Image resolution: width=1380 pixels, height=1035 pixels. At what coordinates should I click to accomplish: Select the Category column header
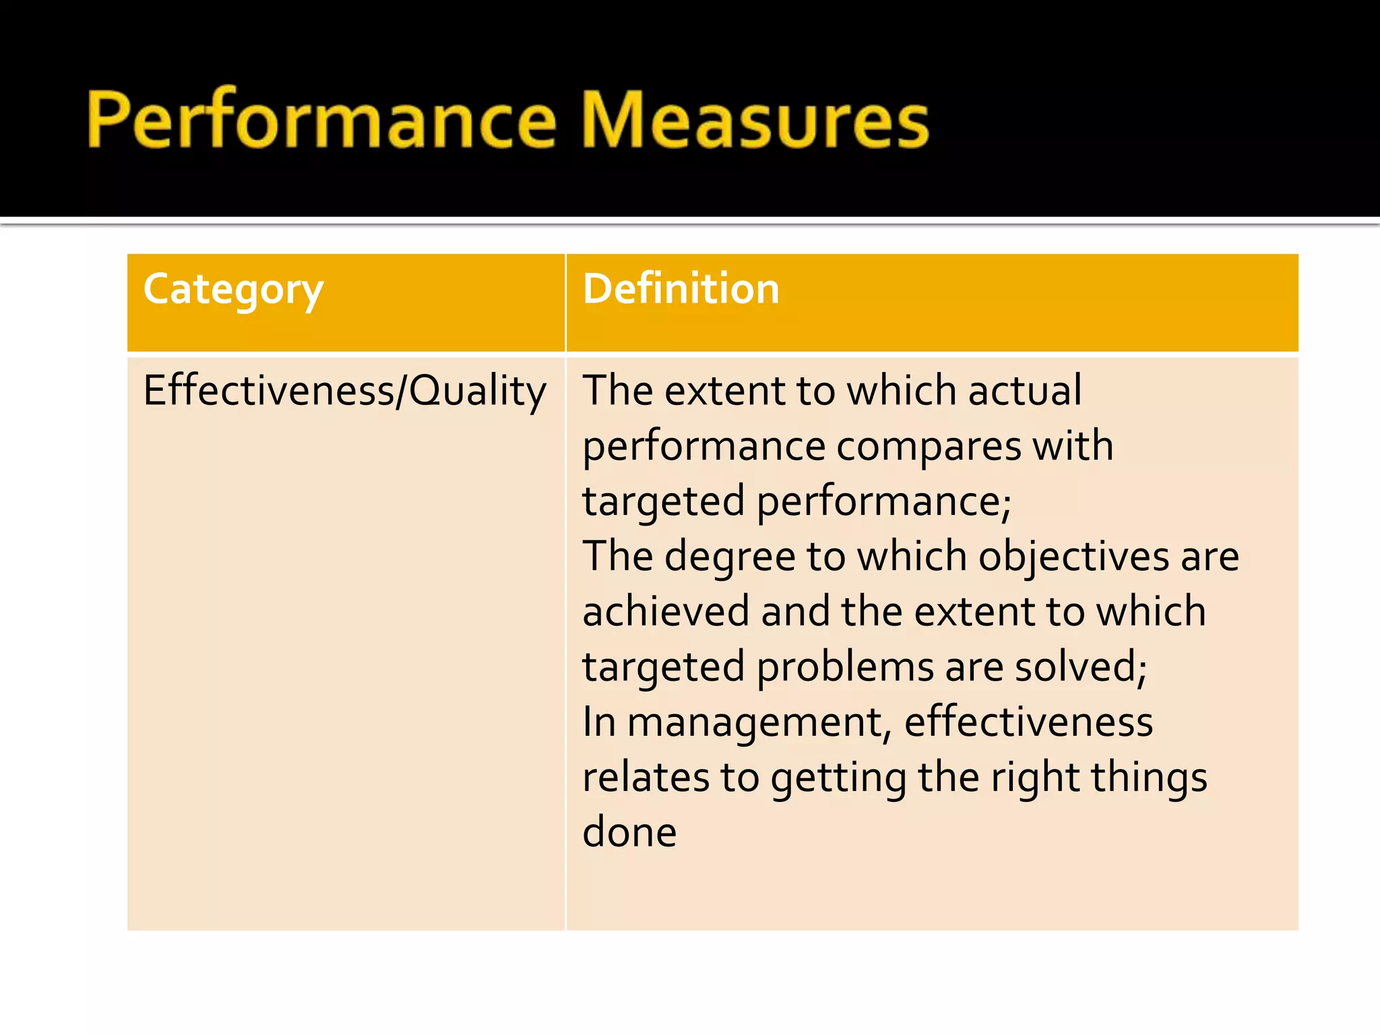pyautogui.click(x=233, y=290)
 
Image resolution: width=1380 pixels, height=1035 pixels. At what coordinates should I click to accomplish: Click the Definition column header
pyautogui.click(x=681, y=290)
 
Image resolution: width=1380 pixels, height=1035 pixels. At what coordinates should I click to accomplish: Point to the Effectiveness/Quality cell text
pyautogui.click(x=344, y=391)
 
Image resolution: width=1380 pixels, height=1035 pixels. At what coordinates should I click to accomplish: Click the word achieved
pyautogui.click(x=666, y=612)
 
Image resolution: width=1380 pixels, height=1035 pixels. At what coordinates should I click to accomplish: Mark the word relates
pyautogui.click(x=646, y=778)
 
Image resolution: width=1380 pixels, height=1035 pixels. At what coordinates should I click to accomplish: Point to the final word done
pyautogui.click(x=629, y=833)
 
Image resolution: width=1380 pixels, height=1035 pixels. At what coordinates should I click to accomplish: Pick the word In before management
pyautogui.click(x=599, y=722)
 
